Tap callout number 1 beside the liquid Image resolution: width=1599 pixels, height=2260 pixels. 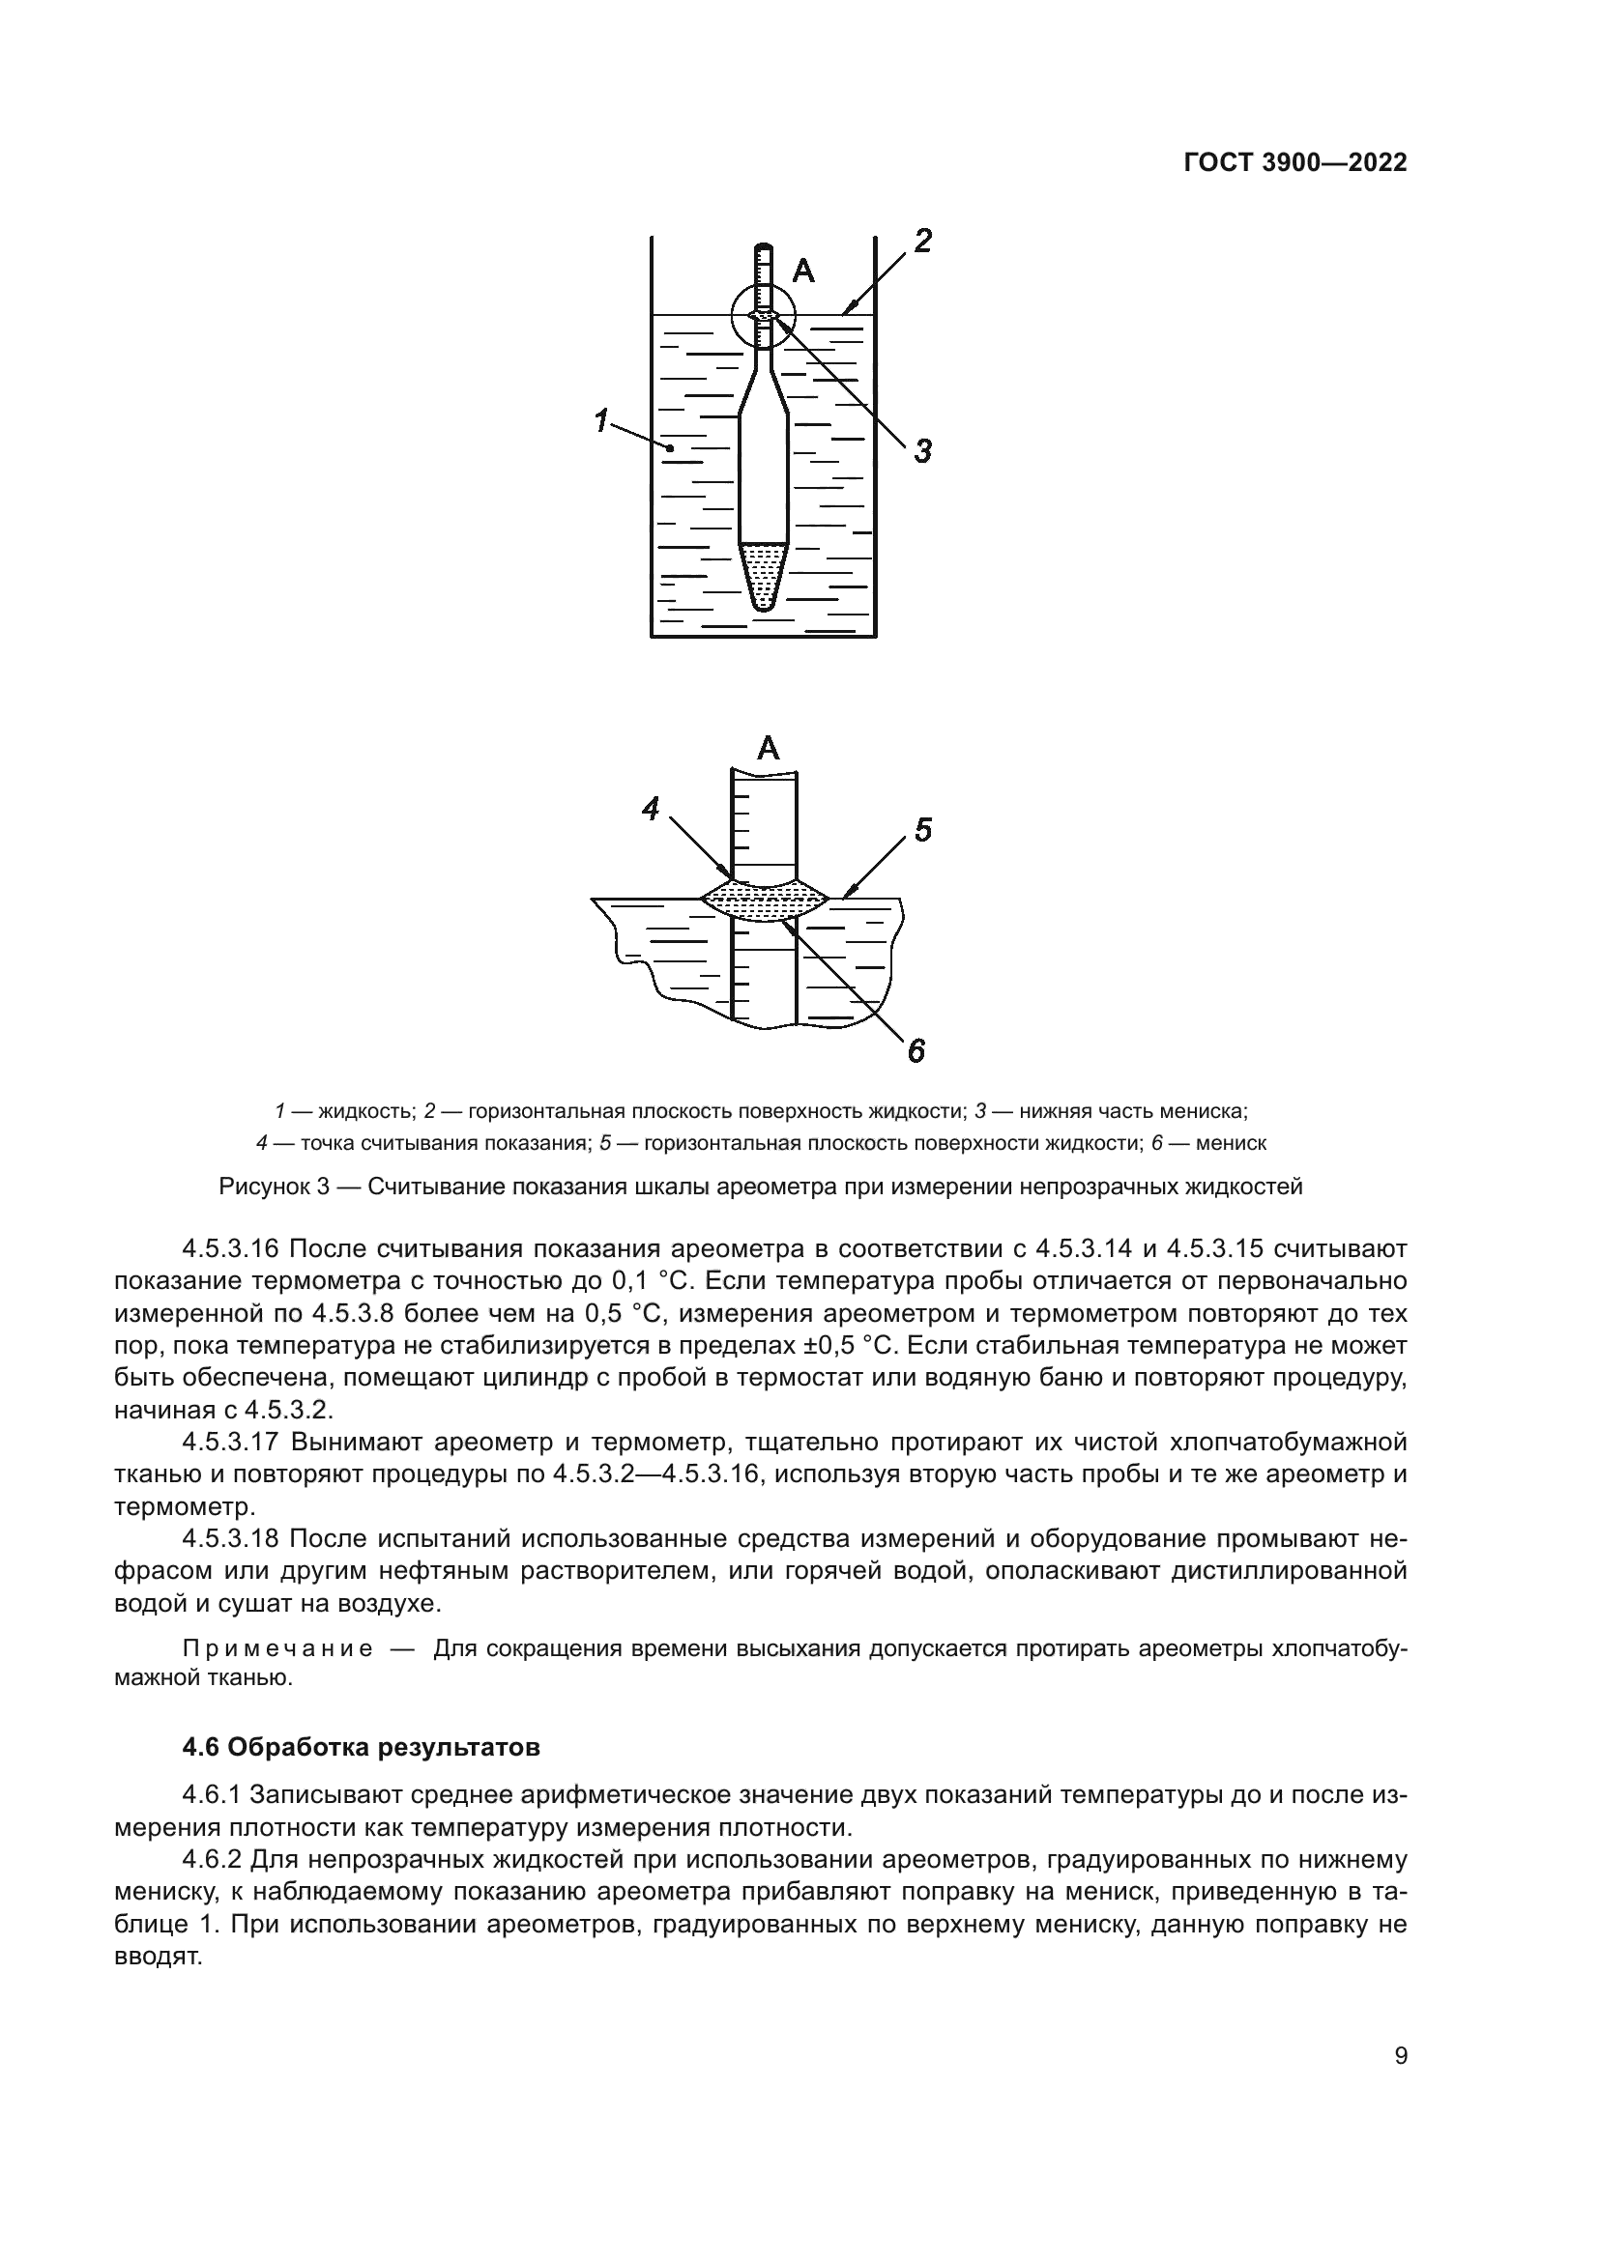click(x=599, y=420)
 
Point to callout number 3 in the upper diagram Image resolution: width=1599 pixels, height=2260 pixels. click(x=921, y=452)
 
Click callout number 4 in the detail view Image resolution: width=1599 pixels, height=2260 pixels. click(x=651, y=809)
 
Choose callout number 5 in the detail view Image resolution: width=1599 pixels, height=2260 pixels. click(x=921, y=829)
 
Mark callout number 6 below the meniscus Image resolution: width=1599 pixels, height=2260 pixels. click(x=916, y=1052)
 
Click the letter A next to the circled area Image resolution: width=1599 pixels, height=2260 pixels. click(x=803, y=271)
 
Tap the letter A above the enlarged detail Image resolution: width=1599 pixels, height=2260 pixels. click(x=768, y=749)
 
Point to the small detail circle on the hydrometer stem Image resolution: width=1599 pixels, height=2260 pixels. click(x=763, y=315)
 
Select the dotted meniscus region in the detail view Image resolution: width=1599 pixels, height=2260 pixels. click(x=764, y=899)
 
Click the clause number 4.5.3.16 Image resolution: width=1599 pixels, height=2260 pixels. click(x=231, y=1249)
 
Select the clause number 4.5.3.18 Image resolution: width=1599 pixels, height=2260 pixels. click(x=231, y=1538)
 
